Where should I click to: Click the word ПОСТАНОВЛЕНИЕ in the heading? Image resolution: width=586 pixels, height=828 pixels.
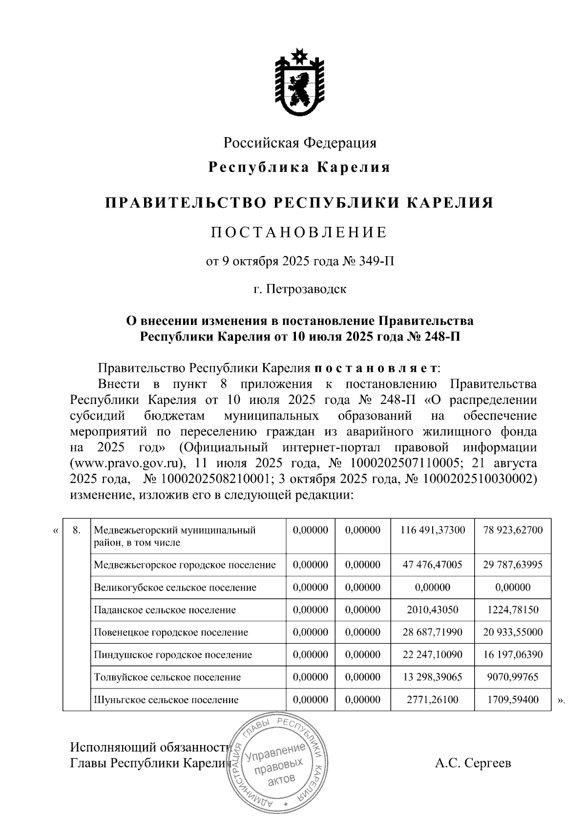[x=299, y=232]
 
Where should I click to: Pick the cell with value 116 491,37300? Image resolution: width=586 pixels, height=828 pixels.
[x=432, y=530]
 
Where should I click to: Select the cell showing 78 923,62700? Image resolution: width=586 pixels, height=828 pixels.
[x=513, y=530]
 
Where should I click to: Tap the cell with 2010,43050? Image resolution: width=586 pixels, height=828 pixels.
[x=432, y=610]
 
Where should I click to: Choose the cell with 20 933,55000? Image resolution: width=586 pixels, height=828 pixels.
[x=513, y=632]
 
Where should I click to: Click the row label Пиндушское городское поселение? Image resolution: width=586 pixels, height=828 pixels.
[x=173, y=655]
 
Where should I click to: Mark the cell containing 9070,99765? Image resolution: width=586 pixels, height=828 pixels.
[x=513, y=677]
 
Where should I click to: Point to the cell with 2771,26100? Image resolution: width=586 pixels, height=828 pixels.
[x=432, y=700]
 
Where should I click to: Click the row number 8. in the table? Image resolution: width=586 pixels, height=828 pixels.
[x=76, y=530]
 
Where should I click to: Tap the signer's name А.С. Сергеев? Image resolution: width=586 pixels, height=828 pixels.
[x=473, y=763]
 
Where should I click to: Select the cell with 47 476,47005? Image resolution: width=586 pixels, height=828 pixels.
[x=432, y=565]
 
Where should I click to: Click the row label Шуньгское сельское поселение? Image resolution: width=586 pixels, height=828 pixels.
[x=166, y=700]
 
